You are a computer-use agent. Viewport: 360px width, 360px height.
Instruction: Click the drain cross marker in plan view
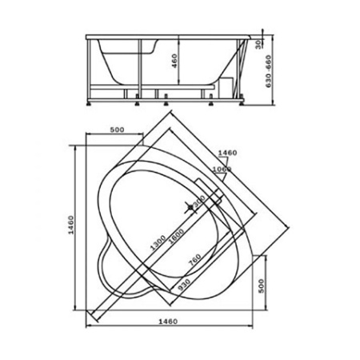[x=190, y=208]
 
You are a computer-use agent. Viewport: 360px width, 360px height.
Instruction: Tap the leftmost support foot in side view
[x=88, y=102]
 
